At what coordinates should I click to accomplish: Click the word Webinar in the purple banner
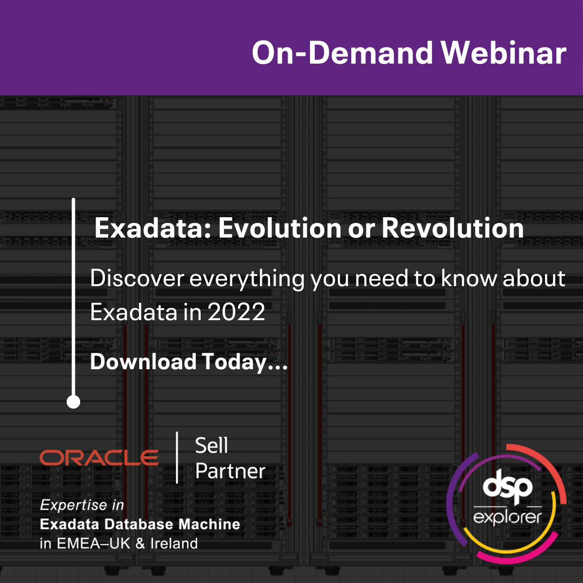503,52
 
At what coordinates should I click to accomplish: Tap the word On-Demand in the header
342,52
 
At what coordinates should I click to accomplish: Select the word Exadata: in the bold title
153,228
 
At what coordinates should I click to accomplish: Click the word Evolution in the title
279,228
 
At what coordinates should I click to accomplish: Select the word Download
143,362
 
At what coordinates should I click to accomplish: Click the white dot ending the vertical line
73,402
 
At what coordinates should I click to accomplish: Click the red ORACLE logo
99,458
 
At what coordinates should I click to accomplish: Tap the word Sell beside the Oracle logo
211,446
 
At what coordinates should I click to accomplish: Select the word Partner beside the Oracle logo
230,471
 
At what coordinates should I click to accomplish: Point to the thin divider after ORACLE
177,458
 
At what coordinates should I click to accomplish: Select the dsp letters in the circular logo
507,488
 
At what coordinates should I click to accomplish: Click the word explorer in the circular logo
507,517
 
